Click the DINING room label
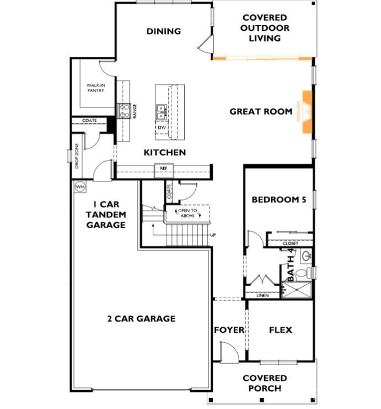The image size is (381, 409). coord(164,31)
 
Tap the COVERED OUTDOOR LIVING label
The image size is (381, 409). coord(265,28)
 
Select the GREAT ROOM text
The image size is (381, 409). coord(261,112)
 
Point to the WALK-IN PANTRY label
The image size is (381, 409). coord(95,88)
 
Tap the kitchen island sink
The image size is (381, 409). coord(162,112)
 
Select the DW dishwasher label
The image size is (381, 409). coord(162,127)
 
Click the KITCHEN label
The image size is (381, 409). coord(165,153)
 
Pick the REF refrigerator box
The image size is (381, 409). coord(164,168)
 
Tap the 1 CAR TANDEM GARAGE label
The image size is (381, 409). coord(109,214)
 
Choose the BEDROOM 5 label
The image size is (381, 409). coord(278,200)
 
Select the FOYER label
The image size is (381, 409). coord(229,330)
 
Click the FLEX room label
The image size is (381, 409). coord(280,330)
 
